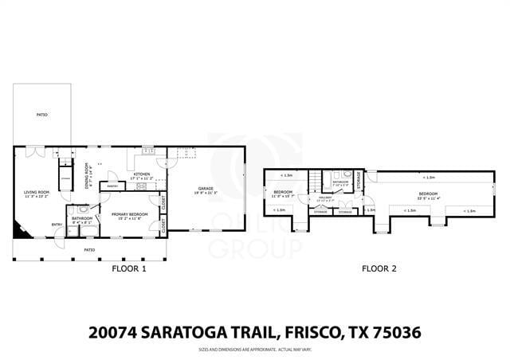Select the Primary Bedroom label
tap(127, 216)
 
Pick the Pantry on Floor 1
tap(113, 186)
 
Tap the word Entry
tap(57, 225)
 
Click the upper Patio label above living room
tap(41, 115)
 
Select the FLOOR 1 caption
tap(128, 269)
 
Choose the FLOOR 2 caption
tap(379, 269)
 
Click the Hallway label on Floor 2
tap(325, 198)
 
